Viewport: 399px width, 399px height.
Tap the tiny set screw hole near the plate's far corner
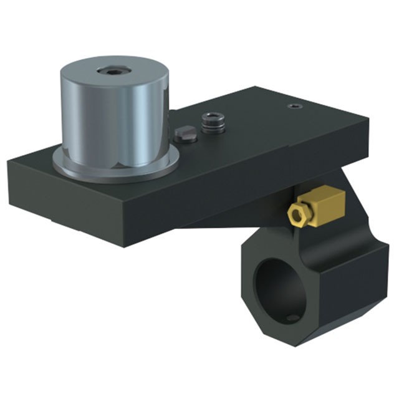tap(294, 107)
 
